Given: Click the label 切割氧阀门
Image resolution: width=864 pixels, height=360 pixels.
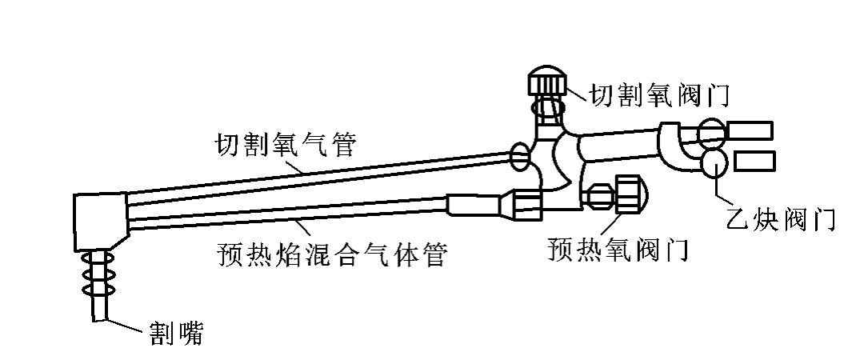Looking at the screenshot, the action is click(659, 95).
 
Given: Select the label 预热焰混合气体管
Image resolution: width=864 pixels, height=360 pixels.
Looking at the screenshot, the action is click(332, 254).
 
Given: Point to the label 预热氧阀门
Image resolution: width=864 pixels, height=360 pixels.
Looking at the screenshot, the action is click(618, 250).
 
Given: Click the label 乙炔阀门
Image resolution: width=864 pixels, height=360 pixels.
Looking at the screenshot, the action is click(780, 219).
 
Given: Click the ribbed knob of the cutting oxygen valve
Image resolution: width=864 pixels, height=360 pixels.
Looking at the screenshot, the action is click(546, 82).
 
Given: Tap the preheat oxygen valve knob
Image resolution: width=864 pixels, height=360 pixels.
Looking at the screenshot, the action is click(631, 194).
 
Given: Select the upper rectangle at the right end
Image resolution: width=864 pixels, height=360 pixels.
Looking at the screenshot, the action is click(750, 130).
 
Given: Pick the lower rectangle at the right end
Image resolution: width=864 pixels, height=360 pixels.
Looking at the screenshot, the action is click(754, 161).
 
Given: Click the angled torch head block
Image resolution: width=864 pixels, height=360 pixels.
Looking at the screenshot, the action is click(101, 222).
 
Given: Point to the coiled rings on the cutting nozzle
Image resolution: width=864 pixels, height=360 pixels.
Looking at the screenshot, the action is click(98, 274).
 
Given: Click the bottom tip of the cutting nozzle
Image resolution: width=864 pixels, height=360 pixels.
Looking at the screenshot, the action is click(99, 320).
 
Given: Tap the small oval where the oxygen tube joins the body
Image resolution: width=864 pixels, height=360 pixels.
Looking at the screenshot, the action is click(520, 156).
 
